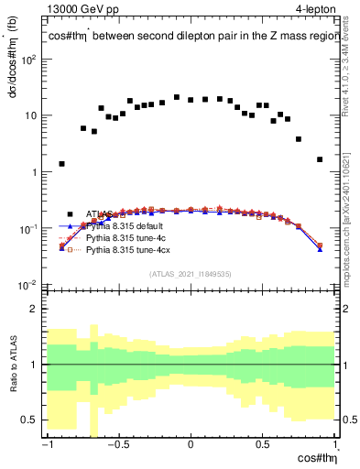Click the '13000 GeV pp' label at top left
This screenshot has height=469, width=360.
[83, 8]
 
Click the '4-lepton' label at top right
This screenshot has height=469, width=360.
[315, 8]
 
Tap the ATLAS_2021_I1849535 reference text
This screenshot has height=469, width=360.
[191, 273]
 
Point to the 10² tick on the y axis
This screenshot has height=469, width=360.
[30, 60]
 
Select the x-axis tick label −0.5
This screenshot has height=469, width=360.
[117, 445]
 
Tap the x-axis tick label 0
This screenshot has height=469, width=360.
[191, 445]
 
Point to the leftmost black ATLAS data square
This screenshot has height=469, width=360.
[61, 164]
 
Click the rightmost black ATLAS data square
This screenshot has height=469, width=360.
[320, 159]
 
